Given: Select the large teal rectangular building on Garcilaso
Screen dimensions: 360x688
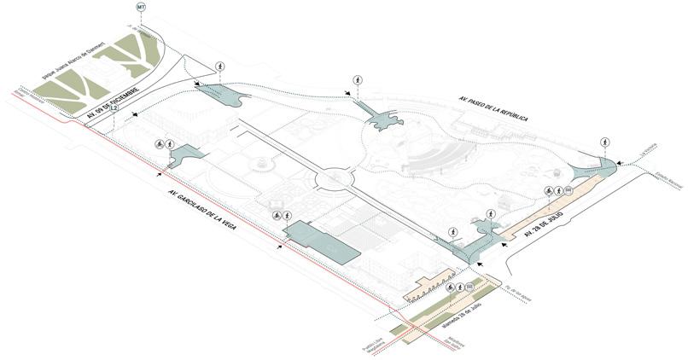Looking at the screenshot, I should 322,241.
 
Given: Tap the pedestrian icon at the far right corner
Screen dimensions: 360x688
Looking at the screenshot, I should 605,142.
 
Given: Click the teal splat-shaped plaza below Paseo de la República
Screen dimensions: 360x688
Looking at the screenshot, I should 382,118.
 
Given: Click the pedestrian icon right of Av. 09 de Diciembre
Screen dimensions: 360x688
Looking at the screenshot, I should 220,67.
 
